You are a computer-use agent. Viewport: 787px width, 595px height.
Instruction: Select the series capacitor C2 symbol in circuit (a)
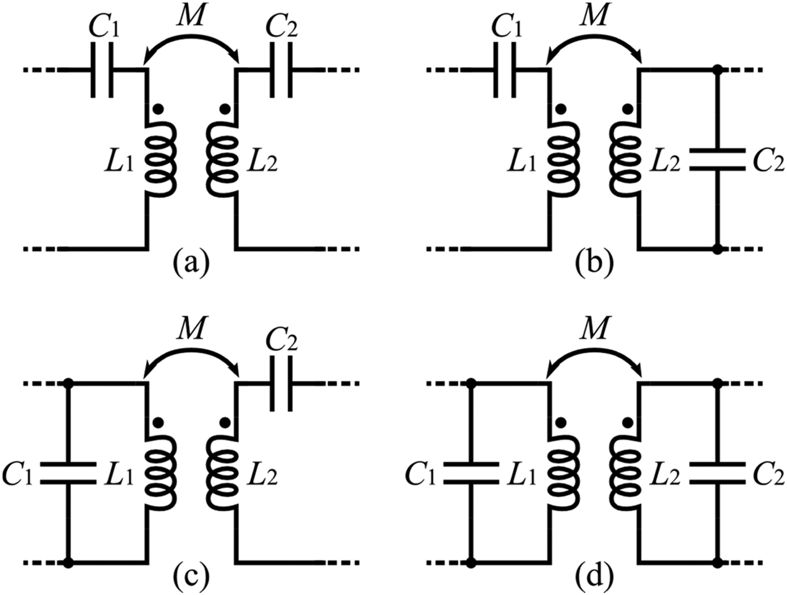[281, 70]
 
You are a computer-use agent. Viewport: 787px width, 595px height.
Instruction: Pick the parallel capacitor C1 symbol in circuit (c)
[68, 473]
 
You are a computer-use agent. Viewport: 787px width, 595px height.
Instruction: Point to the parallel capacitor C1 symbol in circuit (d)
[471, 473]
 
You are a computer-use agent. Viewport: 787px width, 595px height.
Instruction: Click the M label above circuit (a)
[192, 17]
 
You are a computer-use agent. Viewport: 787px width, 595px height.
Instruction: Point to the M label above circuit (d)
[595, 331]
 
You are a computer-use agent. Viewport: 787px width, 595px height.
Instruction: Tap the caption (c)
[192, 576]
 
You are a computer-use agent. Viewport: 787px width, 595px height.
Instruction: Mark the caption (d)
[595, 576]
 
